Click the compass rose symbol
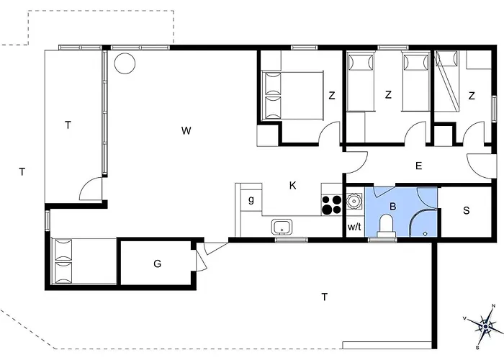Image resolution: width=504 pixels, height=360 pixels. pos(485,327)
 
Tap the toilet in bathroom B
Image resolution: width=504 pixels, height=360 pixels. pos(386,225)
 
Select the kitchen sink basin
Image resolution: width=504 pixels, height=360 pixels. pos(282,227)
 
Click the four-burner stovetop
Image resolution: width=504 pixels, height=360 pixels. pos(331,204)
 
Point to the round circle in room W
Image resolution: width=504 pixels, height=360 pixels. pos(125,63)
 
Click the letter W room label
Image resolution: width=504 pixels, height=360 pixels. pos(186,131)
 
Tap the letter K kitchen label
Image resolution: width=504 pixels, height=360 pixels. pos(292,186)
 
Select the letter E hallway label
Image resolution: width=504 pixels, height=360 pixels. pos(418,166)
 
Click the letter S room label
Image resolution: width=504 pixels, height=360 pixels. pos(467,210)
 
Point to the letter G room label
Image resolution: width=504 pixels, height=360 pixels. pos(157,264)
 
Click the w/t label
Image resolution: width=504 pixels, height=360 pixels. pos(354,227)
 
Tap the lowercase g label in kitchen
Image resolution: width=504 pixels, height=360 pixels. pos(251,200)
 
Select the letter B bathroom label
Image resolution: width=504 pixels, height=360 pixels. pos(392,207)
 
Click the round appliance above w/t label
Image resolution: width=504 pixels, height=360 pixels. pos(354,202)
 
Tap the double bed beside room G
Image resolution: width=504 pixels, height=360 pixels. pos(84,261)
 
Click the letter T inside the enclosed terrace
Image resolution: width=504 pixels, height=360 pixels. pos(68,125)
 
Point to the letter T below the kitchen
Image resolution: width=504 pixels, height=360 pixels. pos(324,297)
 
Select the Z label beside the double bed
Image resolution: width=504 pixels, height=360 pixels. pos(332,96)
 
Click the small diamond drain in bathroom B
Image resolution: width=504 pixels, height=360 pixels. pos(426,234)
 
